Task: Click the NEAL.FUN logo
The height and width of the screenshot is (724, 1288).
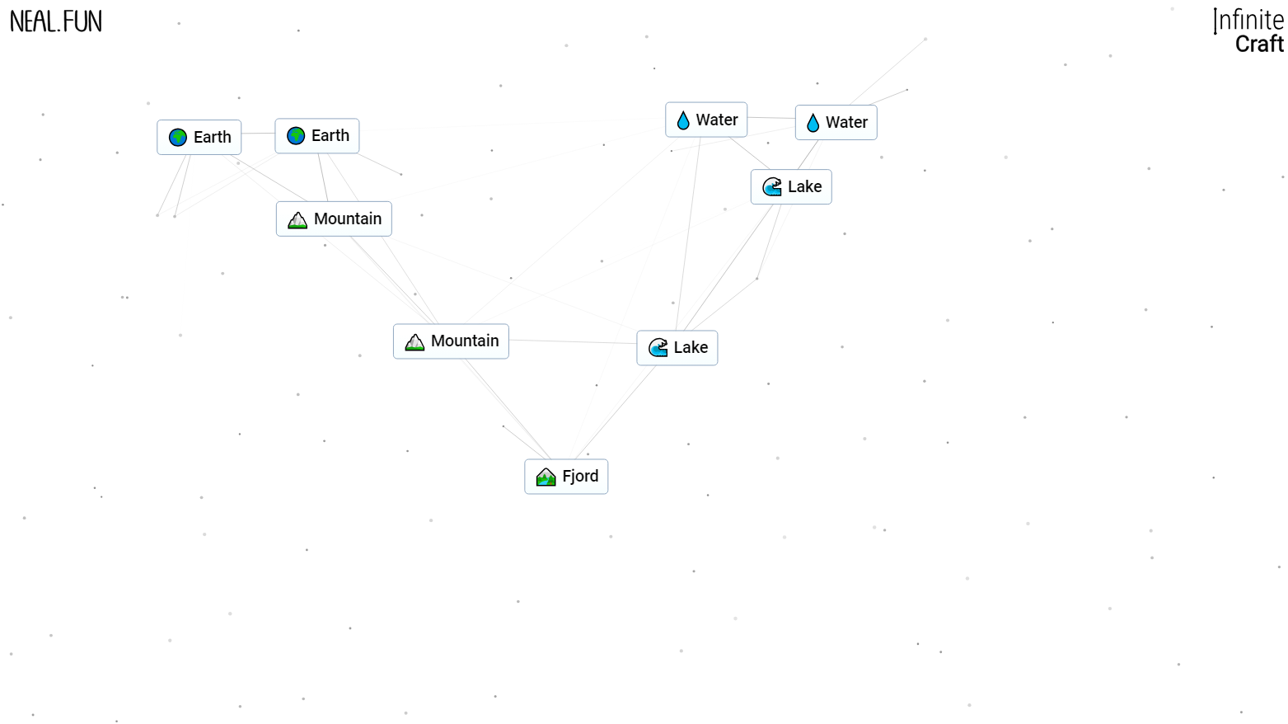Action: [56, 21]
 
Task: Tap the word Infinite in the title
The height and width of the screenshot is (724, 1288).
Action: [1249, 20]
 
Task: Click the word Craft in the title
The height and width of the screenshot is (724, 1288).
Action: [1259, 45]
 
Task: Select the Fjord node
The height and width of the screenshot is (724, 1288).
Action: [566, 477]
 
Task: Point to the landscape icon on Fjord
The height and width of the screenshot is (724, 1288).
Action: [546, 477]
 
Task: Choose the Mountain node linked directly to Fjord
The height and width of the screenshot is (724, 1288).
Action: [451, 341]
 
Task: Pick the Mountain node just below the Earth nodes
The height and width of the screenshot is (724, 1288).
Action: [334, 219]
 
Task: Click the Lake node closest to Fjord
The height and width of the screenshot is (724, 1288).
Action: [677, 348]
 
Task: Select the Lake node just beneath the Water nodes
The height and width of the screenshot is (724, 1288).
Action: [791, 187]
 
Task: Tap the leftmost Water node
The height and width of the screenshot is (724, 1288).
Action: [706, 120]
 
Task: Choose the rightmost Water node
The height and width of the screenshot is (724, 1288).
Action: [836, 123]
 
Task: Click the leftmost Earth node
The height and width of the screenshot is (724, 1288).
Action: [199, 138]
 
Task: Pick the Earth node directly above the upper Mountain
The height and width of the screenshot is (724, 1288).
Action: [317, 136]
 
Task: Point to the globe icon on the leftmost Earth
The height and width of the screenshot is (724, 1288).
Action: [178, 138]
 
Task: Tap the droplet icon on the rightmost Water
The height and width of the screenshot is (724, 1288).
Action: [813, 123]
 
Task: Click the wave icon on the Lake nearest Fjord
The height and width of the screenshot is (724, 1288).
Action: [658, 348]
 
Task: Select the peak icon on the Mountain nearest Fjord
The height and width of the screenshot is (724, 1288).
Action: [415, 342]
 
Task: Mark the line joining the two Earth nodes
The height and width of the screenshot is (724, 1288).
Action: [258, 134]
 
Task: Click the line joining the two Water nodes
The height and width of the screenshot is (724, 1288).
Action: [771, 118]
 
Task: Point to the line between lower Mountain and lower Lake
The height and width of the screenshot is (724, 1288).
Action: [573, 341]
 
